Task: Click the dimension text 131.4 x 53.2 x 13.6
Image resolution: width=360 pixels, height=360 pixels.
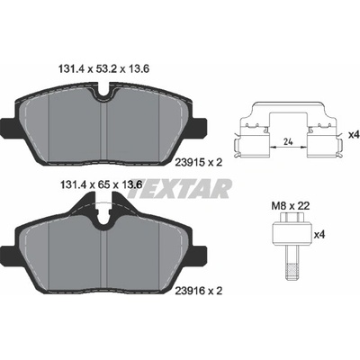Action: [103, 69]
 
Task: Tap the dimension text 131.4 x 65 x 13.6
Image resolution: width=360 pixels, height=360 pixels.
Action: [101, 184]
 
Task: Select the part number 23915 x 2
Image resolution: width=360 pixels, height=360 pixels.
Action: [198, 163]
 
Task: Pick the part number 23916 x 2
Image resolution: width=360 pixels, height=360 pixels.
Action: [198, 291]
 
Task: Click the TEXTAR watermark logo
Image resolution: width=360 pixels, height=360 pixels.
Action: [180, 189]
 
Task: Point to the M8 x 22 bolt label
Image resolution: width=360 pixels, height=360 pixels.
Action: [291, 206]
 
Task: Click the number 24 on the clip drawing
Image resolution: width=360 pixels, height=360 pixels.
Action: [288, 141]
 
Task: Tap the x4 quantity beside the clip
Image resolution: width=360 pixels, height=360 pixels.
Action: [354, 135]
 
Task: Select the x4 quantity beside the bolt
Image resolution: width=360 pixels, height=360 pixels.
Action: [319, 234]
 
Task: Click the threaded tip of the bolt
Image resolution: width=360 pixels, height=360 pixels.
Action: [291, 271]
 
